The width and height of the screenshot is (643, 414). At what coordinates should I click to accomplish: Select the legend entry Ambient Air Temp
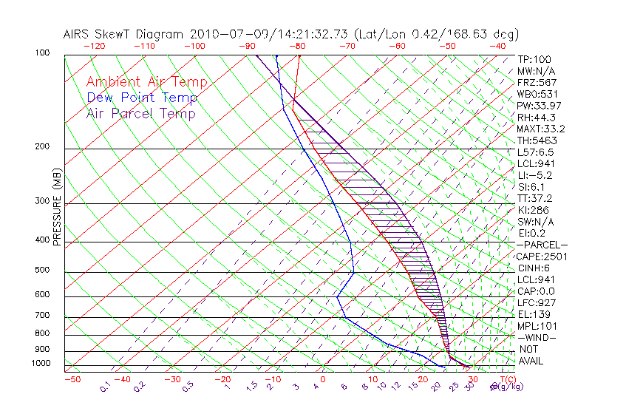[x=146, y=82]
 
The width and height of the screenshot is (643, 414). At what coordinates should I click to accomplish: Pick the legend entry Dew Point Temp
[x=141, y=98]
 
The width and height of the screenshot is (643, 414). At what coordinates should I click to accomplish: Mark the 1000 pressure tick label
[x=41, y=364]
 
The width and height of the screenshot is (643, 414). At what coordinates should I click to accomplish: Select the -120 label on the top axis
[x=94, y=46]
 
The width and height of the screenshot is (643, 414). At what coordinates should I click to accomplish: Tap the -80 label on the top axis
[x=297, y=46]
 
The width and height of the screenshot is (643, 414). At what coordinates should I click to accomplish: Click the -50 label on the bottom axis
[x=72, y=379]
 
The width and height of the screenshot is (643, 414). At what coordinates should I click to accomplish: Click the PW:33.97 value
[x=536, y=106]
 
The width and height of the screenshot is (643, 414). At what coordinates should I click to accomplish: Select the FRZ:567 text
[x=536, y=82]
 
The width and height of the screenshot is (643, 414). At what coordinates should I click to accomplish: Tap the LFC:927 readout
[x=536, y=303]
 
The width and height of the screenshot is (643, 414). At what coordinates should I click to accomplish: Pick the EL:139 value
[x=534, y=315]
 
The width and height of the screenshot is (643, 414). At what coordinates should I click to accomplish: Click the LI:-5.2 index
[x=534, y=175]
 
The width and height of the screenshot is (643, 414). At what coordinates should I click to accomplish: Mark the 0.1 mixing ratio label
[x=105, y=387]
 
